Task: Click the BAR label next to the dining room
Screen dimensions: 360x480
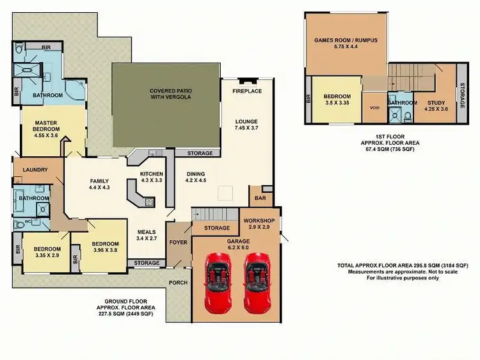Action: coord(260,199)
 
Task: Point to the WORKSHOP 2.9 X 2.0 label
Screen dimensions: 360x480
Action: coord(260,224)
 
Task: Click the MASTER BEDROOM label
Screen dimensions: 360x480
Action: coord(47,126)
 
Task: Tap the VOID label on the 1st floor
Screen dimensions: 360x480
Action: coord(375,107)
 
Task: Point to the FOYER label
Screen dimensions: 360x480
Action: coord(179,242)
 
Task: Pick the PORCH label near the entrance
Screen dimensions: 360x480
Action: coord(177,282)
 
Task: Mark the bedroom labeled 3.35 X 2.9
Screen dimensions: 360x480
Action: coord(47,252)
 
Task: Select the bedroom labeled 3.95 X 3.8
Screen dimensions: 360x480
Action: coord(105,247)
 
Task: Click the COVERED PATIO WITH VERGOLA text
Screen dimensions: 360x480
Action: coord(170,95)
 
